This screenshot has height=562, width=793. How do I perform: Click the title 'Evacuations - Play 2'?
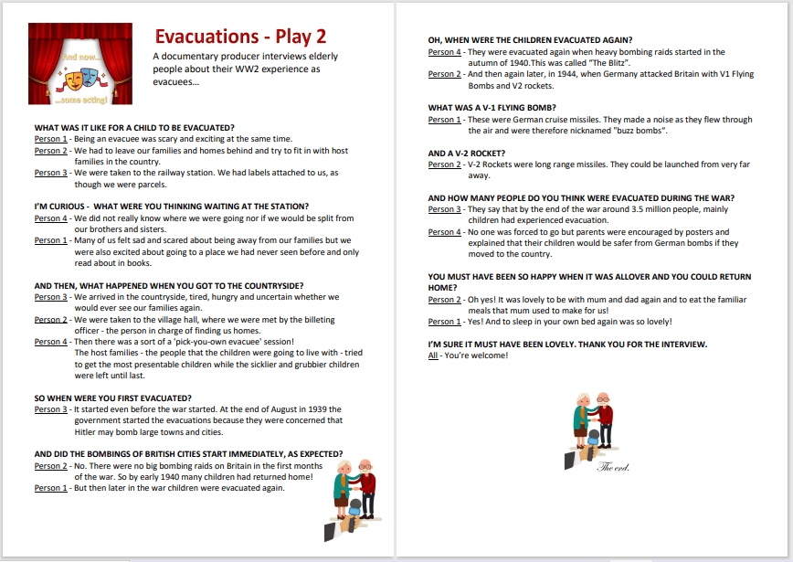tap(240, 37)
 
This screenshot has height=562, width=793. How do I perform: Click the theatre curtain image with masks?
tap(80, 64)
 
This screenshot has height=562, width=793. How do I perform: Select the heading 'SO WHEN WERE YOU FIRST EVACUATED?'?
tap(112, 398)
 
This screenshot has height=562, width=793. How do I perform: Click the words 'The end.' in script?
tap(613, 467)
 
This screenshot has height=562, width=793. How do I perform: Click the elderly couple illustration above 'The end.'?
tap(594, 425)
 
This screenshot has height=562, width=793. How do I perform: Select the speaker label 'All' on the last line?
tap(433, 355)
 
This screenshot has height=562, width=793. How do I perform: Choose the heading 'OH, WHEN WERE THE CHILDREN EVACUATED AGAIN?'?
tap(530, 40)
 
